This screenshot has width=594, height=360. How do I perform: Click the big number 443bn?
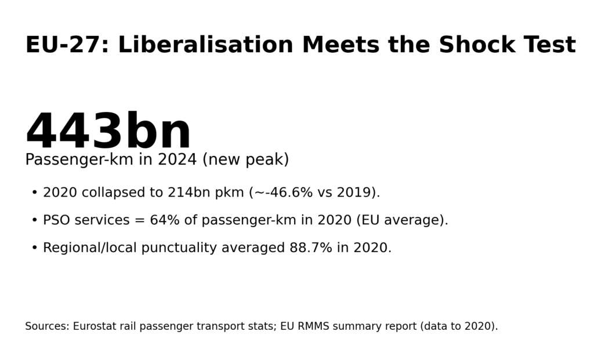(108, 132)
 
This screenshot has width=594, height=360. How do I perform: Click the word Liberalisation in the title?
(205, 45)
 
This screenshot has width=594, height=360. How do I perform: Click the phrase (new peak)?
(245, 160)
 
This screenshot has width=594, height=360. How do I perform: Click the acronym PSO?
(56, 220)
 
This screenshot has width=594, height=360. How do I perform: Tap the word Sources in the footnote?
(46, 326)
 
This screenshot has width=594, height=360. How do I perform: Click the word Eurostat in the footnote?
(95, 326)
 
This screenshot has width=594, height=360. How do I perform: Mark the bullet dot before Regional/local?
(34, 248)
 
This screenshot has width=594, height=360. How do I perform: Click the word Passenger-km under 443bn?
(79, 160)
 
